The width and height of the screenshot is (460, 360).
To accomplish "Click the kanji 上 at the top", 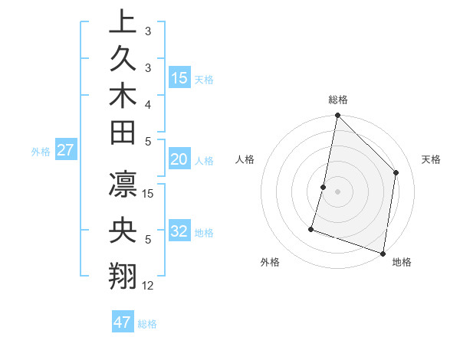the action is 122,21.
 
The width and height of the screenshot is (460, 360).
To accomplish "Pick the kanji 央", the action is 122,231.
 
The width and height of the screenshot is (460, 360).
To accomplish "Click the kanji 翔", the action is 122,274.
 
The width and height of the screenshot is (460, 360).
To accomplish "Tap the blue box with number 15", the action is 179,77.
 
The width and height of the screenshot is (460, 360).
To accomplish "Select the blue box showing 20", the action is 179,159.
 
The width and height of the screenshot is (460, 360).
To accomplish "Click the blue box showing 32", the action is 179,231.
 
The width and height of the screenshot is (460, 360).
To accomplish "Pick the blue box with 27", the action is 65,150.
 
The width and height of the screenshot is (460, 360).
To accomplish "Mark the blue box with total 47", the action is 123,322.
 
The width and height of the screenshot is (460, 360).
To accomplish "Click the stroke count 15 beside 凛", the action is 149,193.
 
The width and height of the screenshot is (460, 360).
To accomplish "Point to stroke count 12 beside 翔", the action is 149,286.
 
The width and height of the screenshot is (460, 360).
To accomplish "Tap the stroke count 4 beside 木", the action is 148,103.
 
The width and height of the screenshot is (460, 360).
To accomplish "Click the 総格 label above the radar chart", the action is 338,100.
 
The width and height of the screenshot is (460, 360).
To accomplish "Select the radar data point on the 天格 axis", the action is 396,172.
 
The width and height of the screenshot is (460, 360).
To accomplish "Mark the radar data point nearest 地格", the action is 383,254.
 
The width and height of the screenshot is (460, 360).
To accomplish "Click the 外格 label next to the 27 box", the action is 41,151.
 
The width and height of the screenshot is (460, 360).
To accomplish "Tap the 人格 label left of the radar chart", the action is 245,159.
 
